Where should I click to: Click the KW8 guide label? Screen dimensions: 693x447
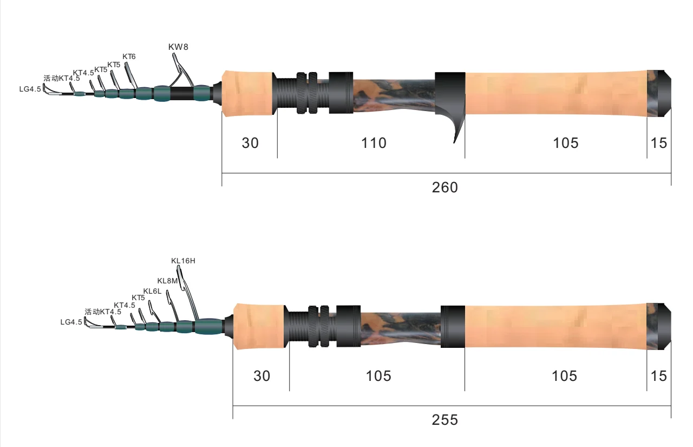tap(178, 47)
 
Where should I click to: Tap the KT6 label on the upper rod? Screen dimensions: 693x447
tap(129, 57)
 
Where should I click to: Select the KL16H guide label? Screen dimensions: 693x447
tap(183, 261)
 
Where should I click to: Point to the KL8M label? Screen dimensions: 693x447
tap(167, 281)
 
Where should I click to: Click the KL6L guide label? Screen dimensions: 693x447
tap(152, 291)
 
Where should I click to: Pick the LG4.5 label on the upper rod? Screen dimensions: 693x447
tap(30, 89)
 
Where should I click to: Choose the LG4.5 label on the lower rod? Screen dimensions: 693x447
tap(71, 322)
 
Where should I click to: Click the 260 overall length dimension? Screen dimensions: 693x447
tap(445, 187)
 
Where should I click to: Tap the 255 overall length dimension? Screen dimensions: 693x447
tap(445, 420)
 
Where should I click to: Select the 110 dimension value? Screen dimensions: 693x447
tap(374, 143)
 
